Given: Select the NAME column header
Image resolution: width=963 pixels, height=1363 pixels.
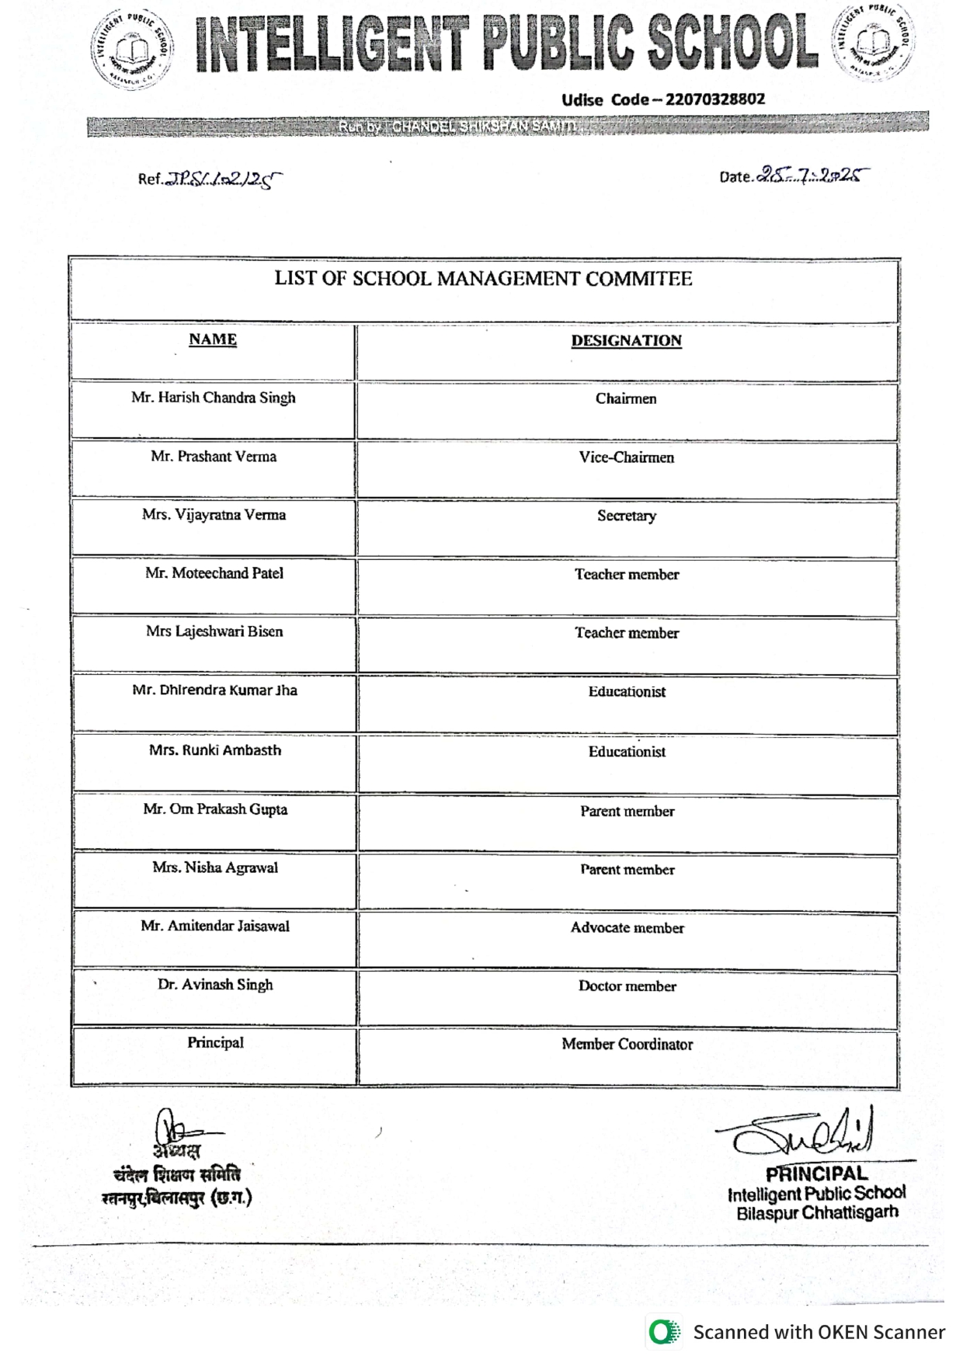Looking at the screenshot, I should click(x=213, y=339).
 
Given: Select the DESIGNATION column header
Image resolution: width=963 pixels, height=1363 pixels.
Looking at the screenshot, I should click(x=626, y=341).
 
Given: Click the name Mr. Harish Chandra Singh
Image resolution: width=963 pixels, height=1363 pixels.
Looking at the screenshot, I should click(x=214, y=398).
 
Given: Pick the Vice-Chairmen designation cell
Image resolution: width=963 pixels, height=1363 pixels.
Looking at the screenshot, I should click(x=626, y=457).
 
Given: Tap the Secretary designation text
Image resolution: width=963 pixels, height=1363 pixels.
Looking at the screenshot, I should click(x=626, y=516).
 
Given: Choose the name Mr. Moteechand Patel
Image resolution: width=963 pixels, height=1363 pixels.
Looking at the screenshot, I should click(x=214, y=573).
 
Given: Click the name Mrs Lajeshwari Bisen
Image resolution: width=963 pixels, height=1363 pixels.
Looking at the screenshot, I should click(x=214, y=631).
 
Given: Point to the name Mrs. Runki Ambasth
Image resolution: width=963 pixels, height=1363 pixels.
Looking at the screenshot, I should click(x=215, y=750).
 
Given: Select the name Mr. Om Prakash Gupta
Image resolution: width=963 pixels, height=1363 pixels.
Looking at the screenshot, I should click(x=215, y=809).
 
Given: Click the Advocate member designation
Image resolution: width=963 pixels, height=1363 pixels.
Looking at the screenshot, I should click(x=627, y=928).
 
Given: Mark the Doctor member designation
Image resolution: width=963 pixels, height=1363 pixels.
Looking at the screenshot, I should click(x=627, y=986).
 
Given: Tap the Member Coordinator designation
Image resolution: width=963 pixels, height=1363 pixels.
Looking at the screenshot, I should click(x=627, y=1045).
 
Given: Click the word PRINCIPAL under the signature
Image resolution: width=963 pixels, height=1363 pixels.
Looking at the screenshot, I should click(x=815, y=1174).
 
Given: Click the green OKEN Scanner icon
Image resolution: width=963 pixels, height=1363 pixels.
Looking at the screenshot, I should click(x=663, y=1333).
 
